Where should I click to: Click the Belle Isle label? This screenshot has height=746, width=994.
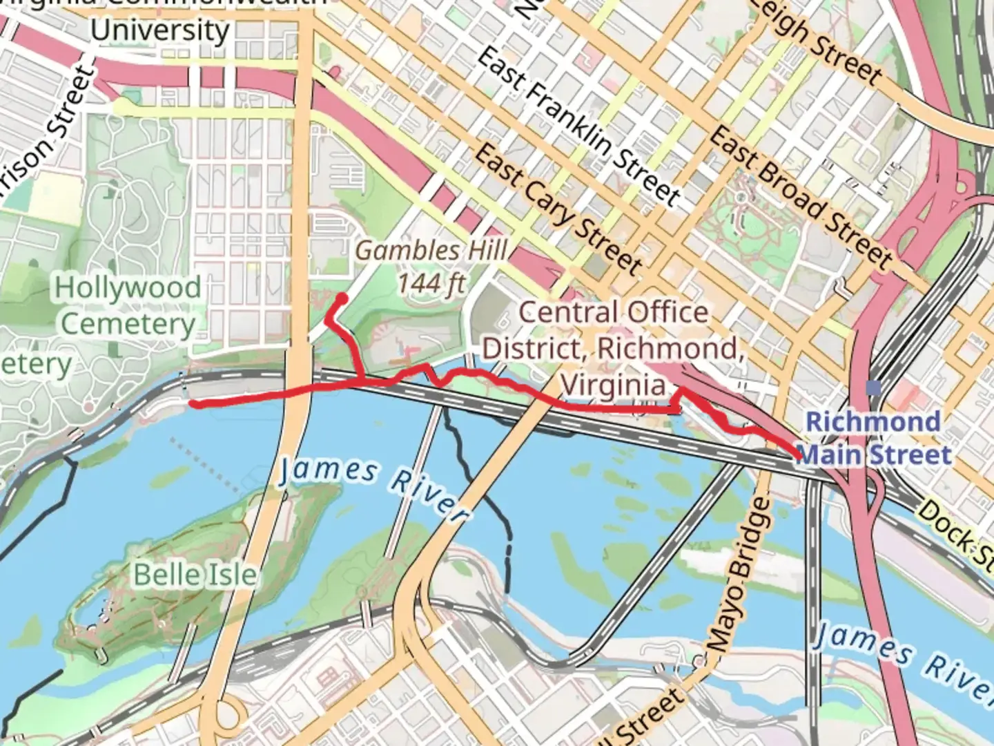coord(195,575)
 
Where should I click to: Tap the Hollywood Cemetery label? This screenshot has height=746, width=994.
coord(128,306)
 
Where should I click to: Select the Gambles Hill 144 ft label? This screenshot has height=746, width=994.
coord(431,266)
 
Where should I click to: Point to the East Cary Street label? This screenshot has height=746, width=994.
coord(558,208)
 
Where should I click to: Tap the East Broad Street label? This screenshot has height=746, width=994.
coord(801,196)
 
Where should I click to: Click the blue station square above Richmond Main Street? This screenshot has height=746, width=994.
coord(874,388)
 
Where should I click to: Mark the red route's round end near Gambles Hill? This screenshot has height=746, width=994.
coord(341,299)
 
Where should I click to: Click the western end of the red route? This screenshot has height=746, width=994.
coord(194,404)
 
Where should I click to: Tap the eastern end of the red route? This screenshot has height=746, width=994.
coord(799,457)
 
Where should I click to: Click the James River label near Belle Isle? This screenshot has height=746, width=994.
coord(373,488)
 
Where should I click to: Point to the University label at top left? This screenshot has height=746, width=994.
coord(159,30)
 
